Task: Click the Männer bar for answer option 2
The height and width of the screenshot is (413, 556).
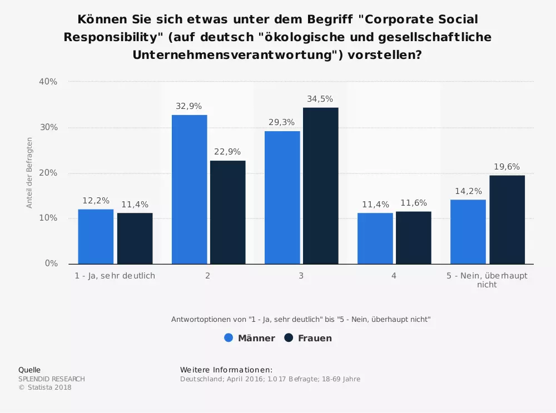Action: [x=189, y=189]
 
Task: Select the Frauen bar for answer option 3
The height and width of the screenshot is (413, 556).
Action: [x=320, y=186]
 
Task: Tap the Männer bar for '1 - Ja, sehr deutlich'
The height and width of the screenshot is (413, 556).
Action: [x=96, y=236]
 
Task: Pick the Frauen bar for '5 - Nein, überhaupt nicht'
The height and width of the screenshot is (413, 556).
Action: [x=507, y=220]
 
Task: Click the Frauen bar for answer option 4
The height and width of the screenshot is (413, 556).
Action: [x=413, y=237]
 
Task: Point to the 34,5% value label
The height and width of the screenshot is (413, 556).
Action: [x=320, y=99]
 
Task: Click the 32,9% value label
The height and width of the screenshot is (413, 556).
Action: [x=189, y=106]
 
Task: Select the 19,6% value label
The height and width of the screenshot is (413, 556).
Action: [x=507, y=167]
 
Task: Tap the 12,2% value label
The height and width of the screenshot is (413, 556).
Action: [x=96, y=201]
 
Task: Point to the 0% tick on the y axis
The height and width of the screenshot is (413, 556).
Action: [x=52, y=263]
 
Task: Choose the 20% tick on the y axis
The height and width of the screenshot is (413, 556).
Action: [x=49, y=173]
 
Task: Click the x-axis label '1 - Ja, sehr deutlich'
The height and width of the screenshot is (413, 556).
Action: [x=115, y=275]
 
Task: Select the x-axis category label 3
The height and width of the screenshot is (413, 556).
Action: [x=301, y=275]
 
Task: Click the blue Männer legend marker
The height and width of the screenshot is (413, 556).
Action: [x=229, y=338]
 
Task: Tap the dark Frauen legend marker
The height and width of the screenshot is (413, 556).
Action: [x=289, y=338]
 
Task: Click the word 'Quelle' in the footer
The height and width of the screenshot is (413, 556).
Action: [x=29, y=370]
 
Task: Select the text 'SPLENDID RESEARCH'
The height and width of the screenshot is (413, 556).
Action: [x=52, y=379]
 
